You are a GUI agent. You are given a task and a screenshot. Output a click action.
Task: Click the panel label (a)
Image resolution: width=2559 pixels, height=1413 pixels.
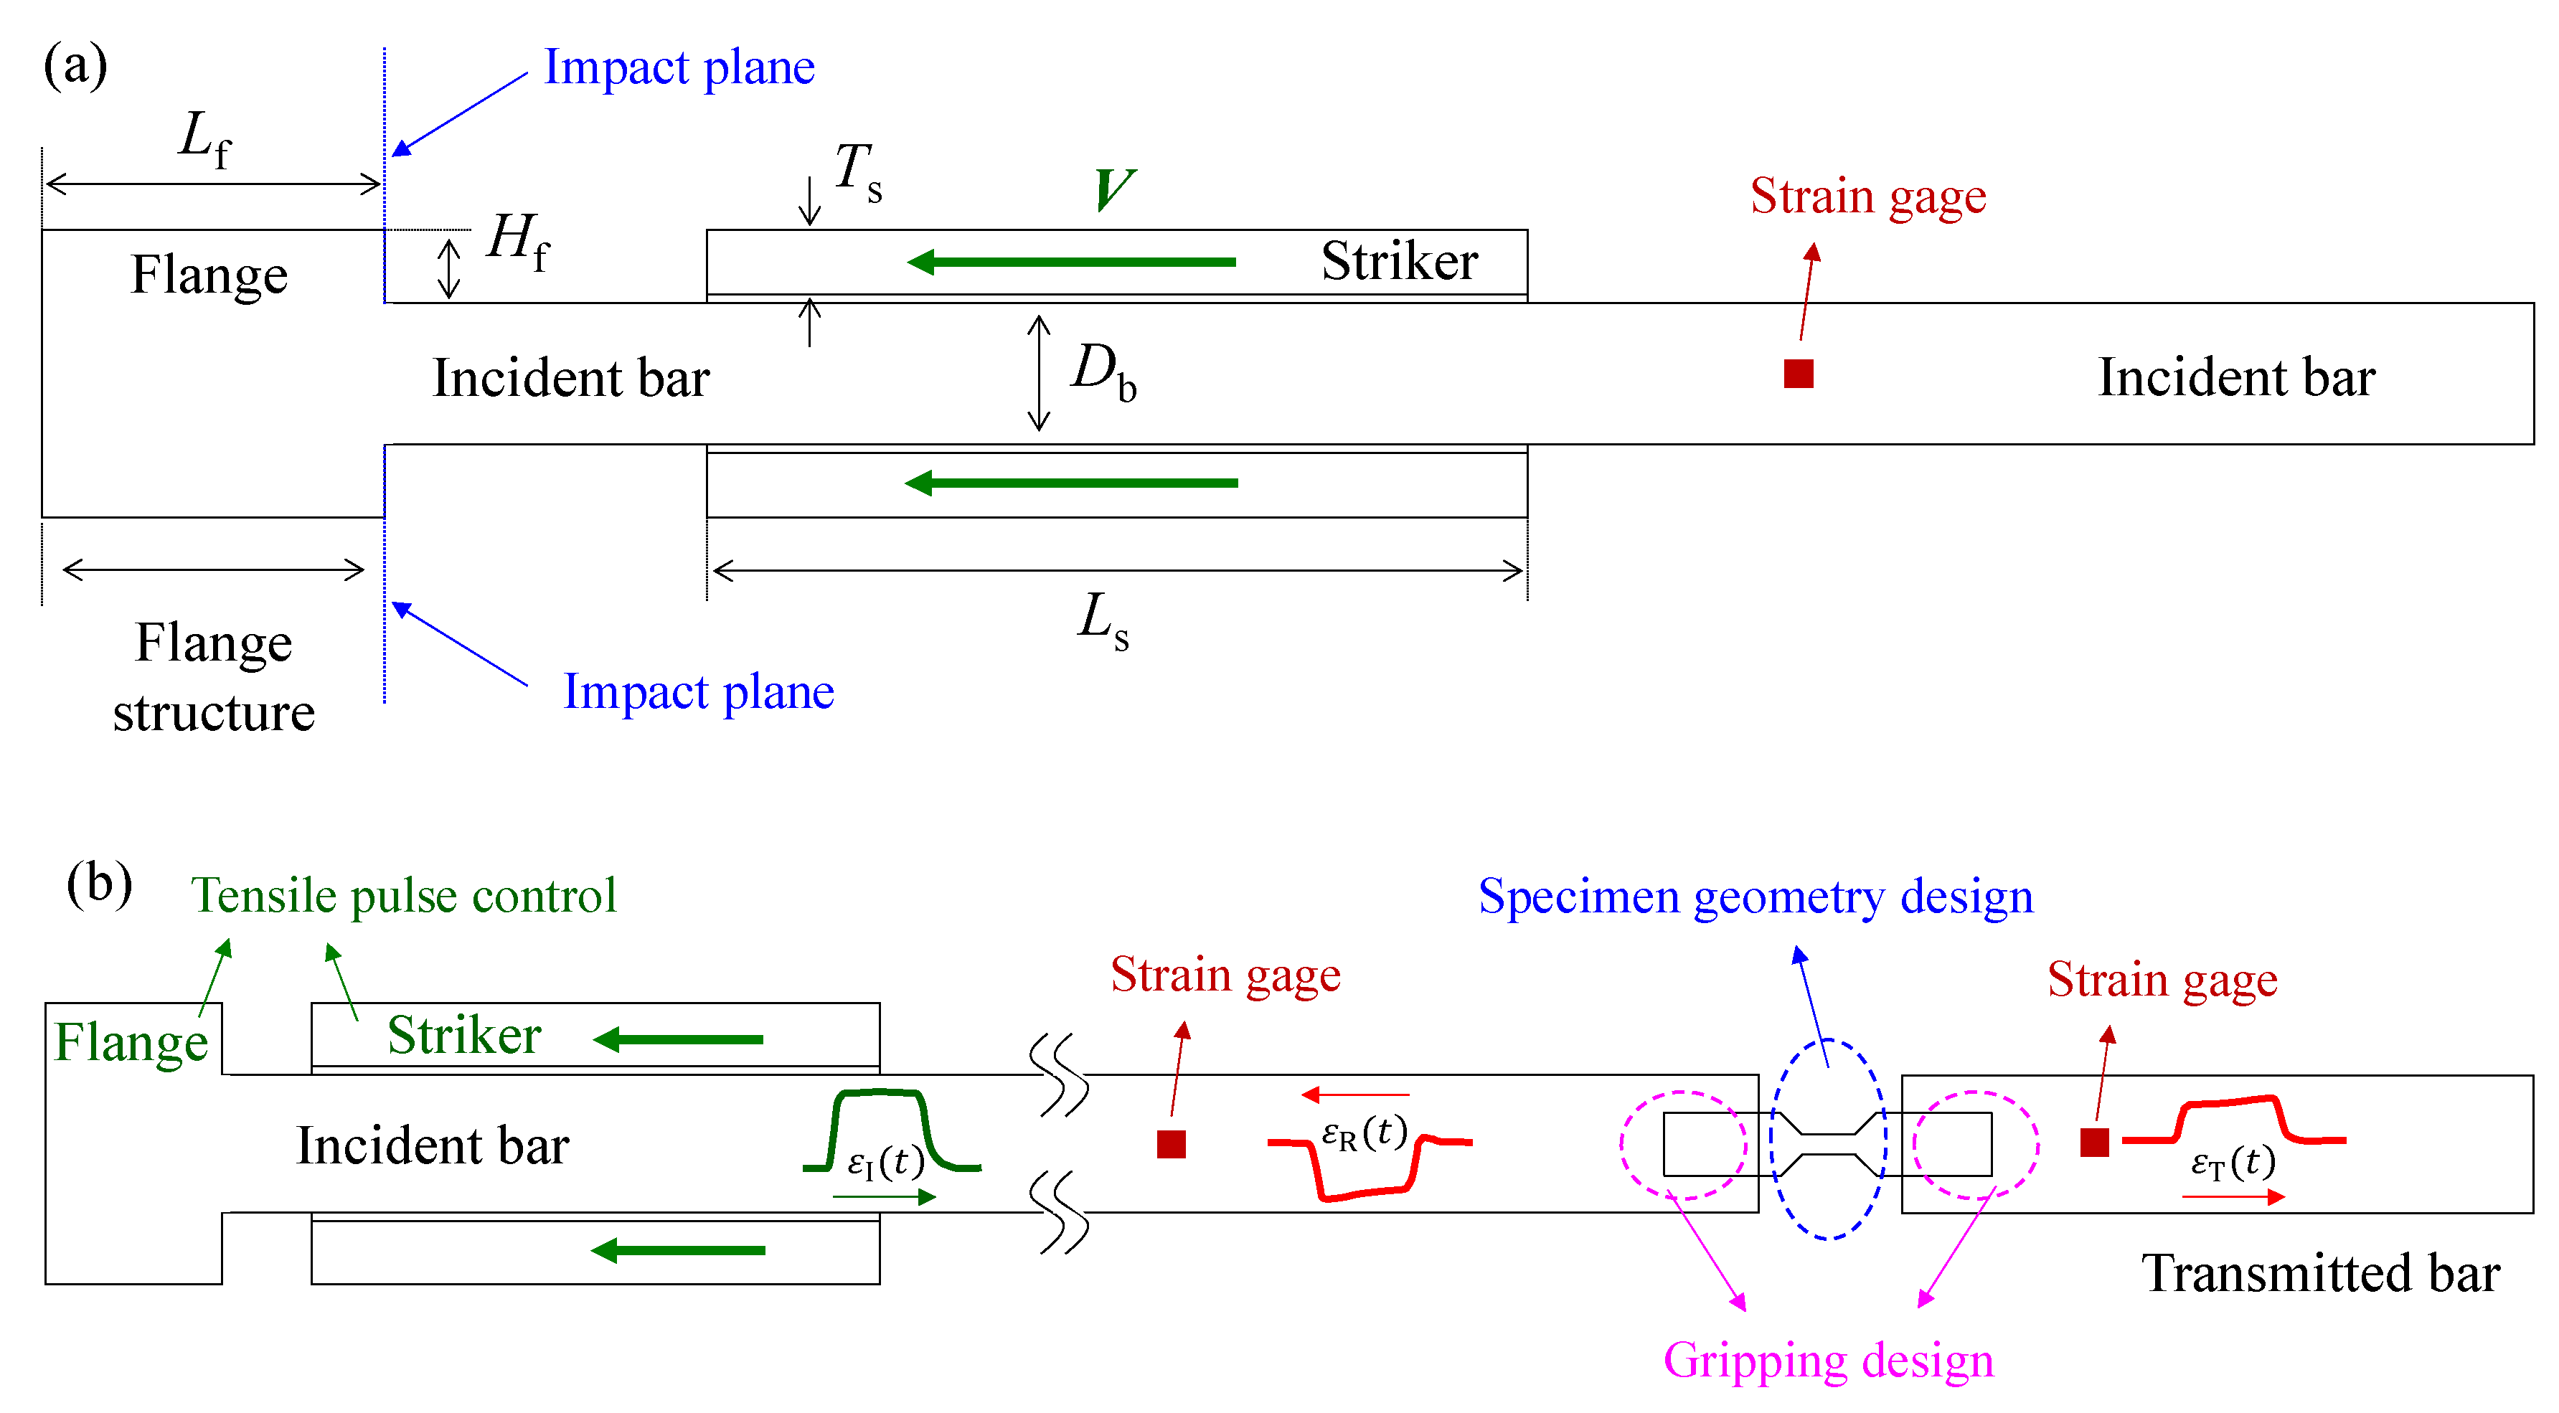pos(75,67)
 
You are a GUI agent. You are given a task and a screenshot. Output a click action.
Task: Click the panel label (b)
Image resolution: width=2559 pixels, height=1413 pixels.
pos(98,883)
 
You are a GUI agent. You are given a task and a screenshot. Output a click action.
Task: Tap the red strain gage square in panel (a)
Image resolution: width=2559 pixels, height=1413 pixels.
pos(1798,374)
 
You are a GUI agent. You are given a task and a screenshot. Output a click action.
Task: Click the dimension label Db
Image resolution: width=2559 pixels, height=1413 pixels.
pos(1103,372)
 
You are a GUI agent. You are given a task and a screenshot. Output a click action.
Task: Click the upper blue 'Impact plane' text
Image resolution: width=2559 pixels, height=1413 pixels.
pos(679,67)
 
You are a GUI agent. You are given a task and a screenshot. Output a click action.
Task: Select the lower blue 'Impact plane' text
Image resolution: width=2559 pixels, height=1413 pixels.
pos(697,691)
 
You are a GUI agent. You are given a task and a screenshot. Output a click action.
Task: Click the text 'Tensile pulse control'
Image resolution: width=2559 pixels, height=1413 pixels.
pos(403,896)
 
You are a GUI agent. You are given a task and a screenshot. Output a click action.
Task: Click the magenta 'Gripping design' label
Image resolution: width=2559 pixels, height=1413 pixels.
pos(1828,1361)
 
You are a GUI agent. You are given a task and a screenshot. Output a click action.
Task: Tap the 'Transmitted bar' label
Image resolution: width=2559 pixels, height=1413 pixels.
pos(2319,1273)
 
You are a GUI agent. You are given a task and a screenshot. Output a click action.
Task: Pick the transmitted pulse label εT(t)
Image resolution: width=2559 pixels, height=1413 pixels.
pos(2232,1162)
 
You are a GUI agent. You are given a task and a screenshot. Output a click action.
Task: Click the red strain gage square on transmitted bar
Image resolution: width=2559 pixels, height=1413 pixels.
pos(2094,1142)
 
